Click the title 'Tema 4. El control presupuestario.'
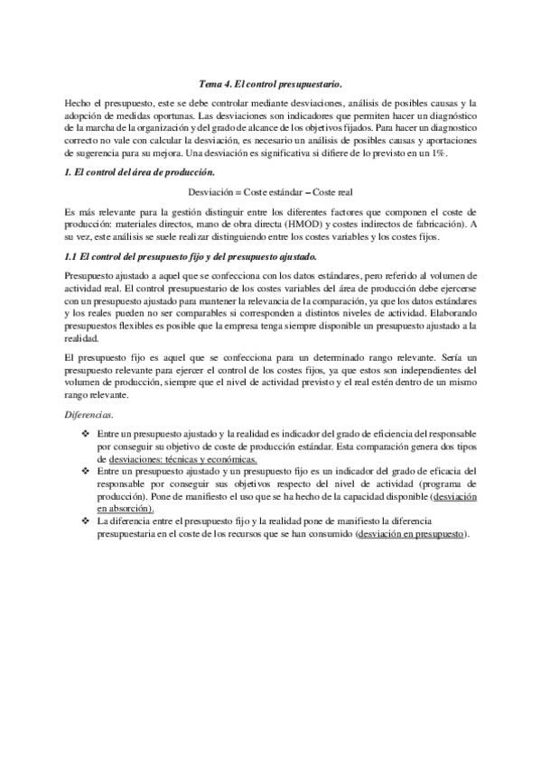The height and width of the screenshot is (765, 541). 270,83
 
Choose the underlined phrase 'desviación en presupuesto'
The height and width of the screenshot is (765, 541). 413,534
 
